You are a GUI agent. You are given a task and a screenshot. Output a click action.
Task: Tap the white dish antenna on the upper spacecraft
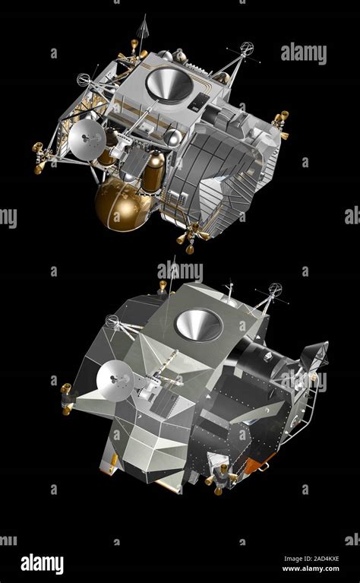point(87,139)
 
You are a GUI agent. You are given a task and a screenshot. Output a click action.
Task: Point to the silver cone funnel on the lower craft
point(198,325)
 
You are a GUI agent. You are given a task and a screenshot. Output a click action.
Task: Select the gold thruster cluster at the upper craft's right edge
point(281,122)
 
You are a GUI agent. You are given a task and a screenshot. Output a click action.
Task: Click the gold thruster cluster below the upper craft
point(190,238)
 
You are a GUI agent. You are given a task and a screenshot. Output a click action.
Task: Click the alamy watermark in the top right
point(304,53)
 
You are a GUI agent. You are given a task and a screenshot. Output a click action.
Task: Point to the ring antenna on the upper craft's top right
point(247,48)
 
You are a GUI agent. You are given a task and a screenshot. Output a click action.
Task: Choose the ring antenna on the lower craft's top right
point(274,290)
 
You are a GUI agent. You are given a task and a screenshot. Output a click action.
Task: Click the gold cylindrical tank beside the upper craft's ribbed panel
point(154,171)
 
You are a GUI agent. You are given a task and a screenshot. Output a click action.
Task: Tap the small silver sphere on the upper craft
point(173,137)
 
